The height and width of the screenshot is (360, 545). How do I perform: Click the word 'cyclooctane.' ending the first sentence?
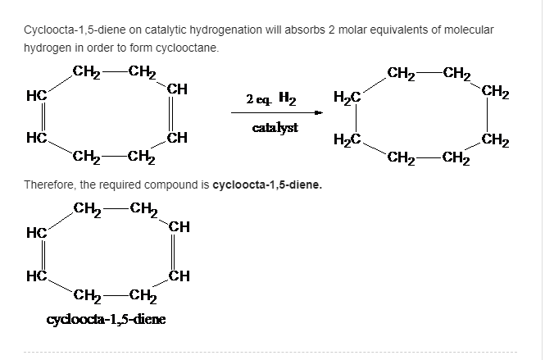[x=190, y=48]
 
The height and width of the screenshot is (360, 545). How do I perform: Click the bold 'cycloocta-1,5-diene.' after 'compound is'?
[x=267, y=185]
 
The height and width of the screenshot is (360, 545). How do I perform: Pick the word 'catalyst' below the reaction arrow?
[x=275, y=128]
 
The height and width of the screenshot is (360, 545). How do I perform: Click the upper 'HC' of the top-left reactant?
[x=35, y=95]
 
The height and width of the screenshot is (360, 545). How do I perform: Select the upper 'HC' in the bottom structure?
[x=35, y=235]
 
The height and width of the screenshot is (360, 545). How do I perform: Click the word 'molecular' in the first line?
[x=468, y=29]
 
